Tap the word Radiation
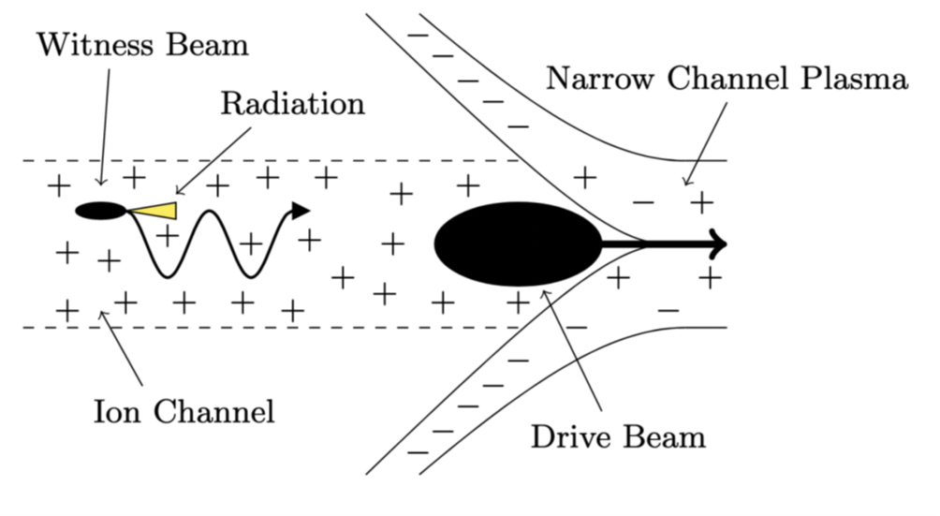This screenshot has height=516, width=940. (x=293, y=104)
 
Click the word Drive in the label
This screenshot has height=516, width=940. (x=570, y=437)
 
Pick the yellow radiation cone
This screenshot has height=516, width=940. (x=153, y=210)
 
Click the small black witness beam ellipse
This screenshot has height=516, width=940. (x=101, y=211)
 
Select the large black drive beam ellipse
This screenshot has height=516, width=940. (x=518, y=243)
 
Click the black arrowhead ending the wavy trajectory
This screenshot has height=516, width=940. (x=301, y=211)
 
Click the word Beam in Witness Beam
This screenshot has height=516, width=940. (x=208, y=45)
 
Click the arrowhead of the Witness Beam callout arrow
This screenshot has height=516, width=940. (x=101, y=182)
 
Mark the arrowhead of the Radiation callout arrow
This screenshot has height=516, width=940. (x=178, y=192)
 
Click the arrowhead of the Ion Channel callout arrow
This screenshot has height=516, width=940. (x=102, y=314)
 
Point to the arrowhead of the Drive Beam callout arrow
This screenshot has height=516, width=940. (x=544, y=292)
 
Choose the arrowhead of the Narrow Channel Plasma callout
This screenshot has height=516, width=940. (x=686, y=183)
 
